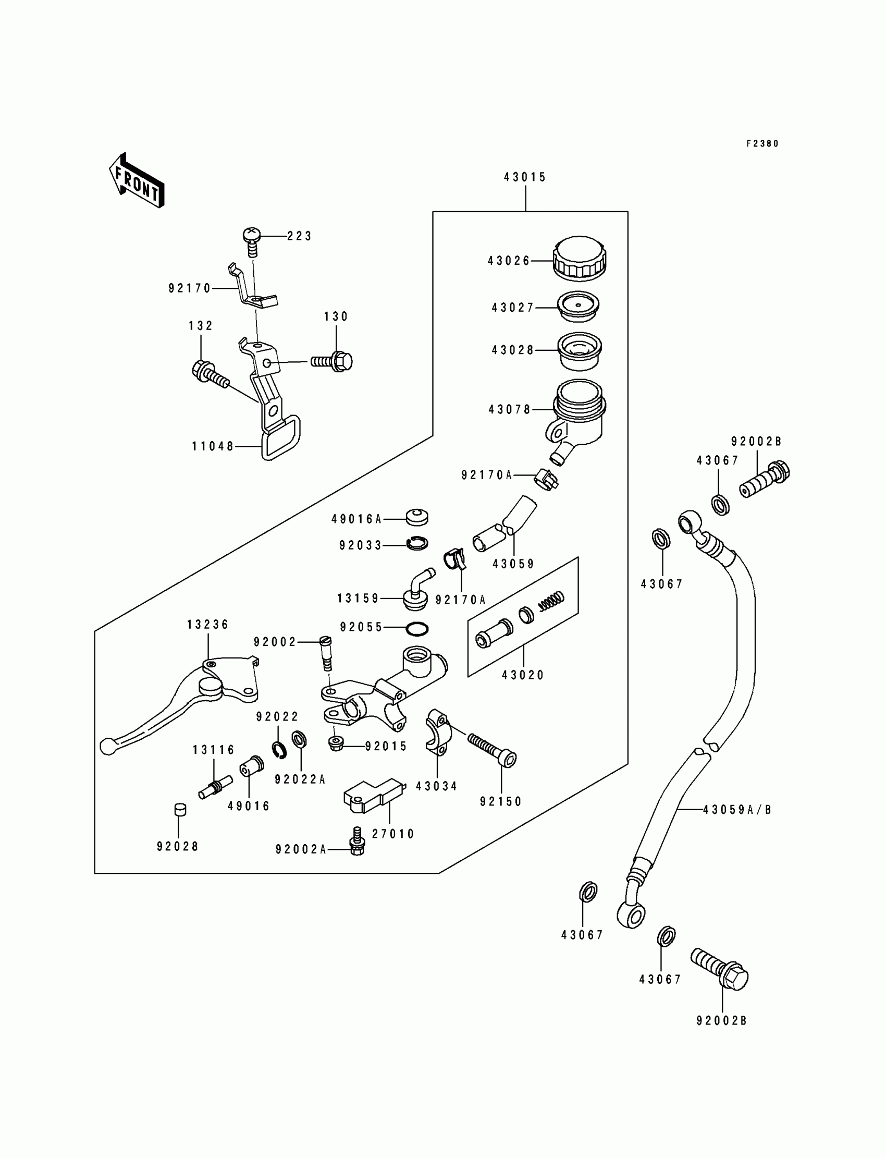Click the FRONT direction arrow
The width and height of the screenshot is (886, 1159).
pos(137,180)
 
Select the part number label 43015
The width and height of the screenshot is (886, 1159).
pos(525,177)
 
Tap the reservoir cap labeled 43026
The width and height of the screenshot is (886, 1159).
pos(579,259)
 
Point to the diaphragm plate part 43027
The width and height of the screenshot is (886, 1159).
pos(579,307)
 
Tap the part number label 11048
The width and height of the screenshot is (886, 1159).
pos(213,447)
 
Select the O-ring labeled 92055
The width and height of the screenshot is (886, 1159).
pos(417,629)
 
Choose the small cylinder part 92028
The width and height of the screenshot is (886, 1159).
pos(180,809)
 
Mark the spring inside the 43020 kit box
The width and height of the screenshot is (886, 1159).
pos(550,600)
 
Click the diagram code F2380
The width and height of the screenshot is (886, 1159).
pos(762,143)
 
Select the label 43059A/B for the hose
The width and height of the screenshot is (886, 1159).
pos(737,810)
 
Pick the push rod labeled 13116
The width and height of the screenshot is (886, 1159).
pos(216,787)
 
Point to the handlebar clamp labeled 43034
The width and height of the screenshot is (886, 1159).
pos(437,731)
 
